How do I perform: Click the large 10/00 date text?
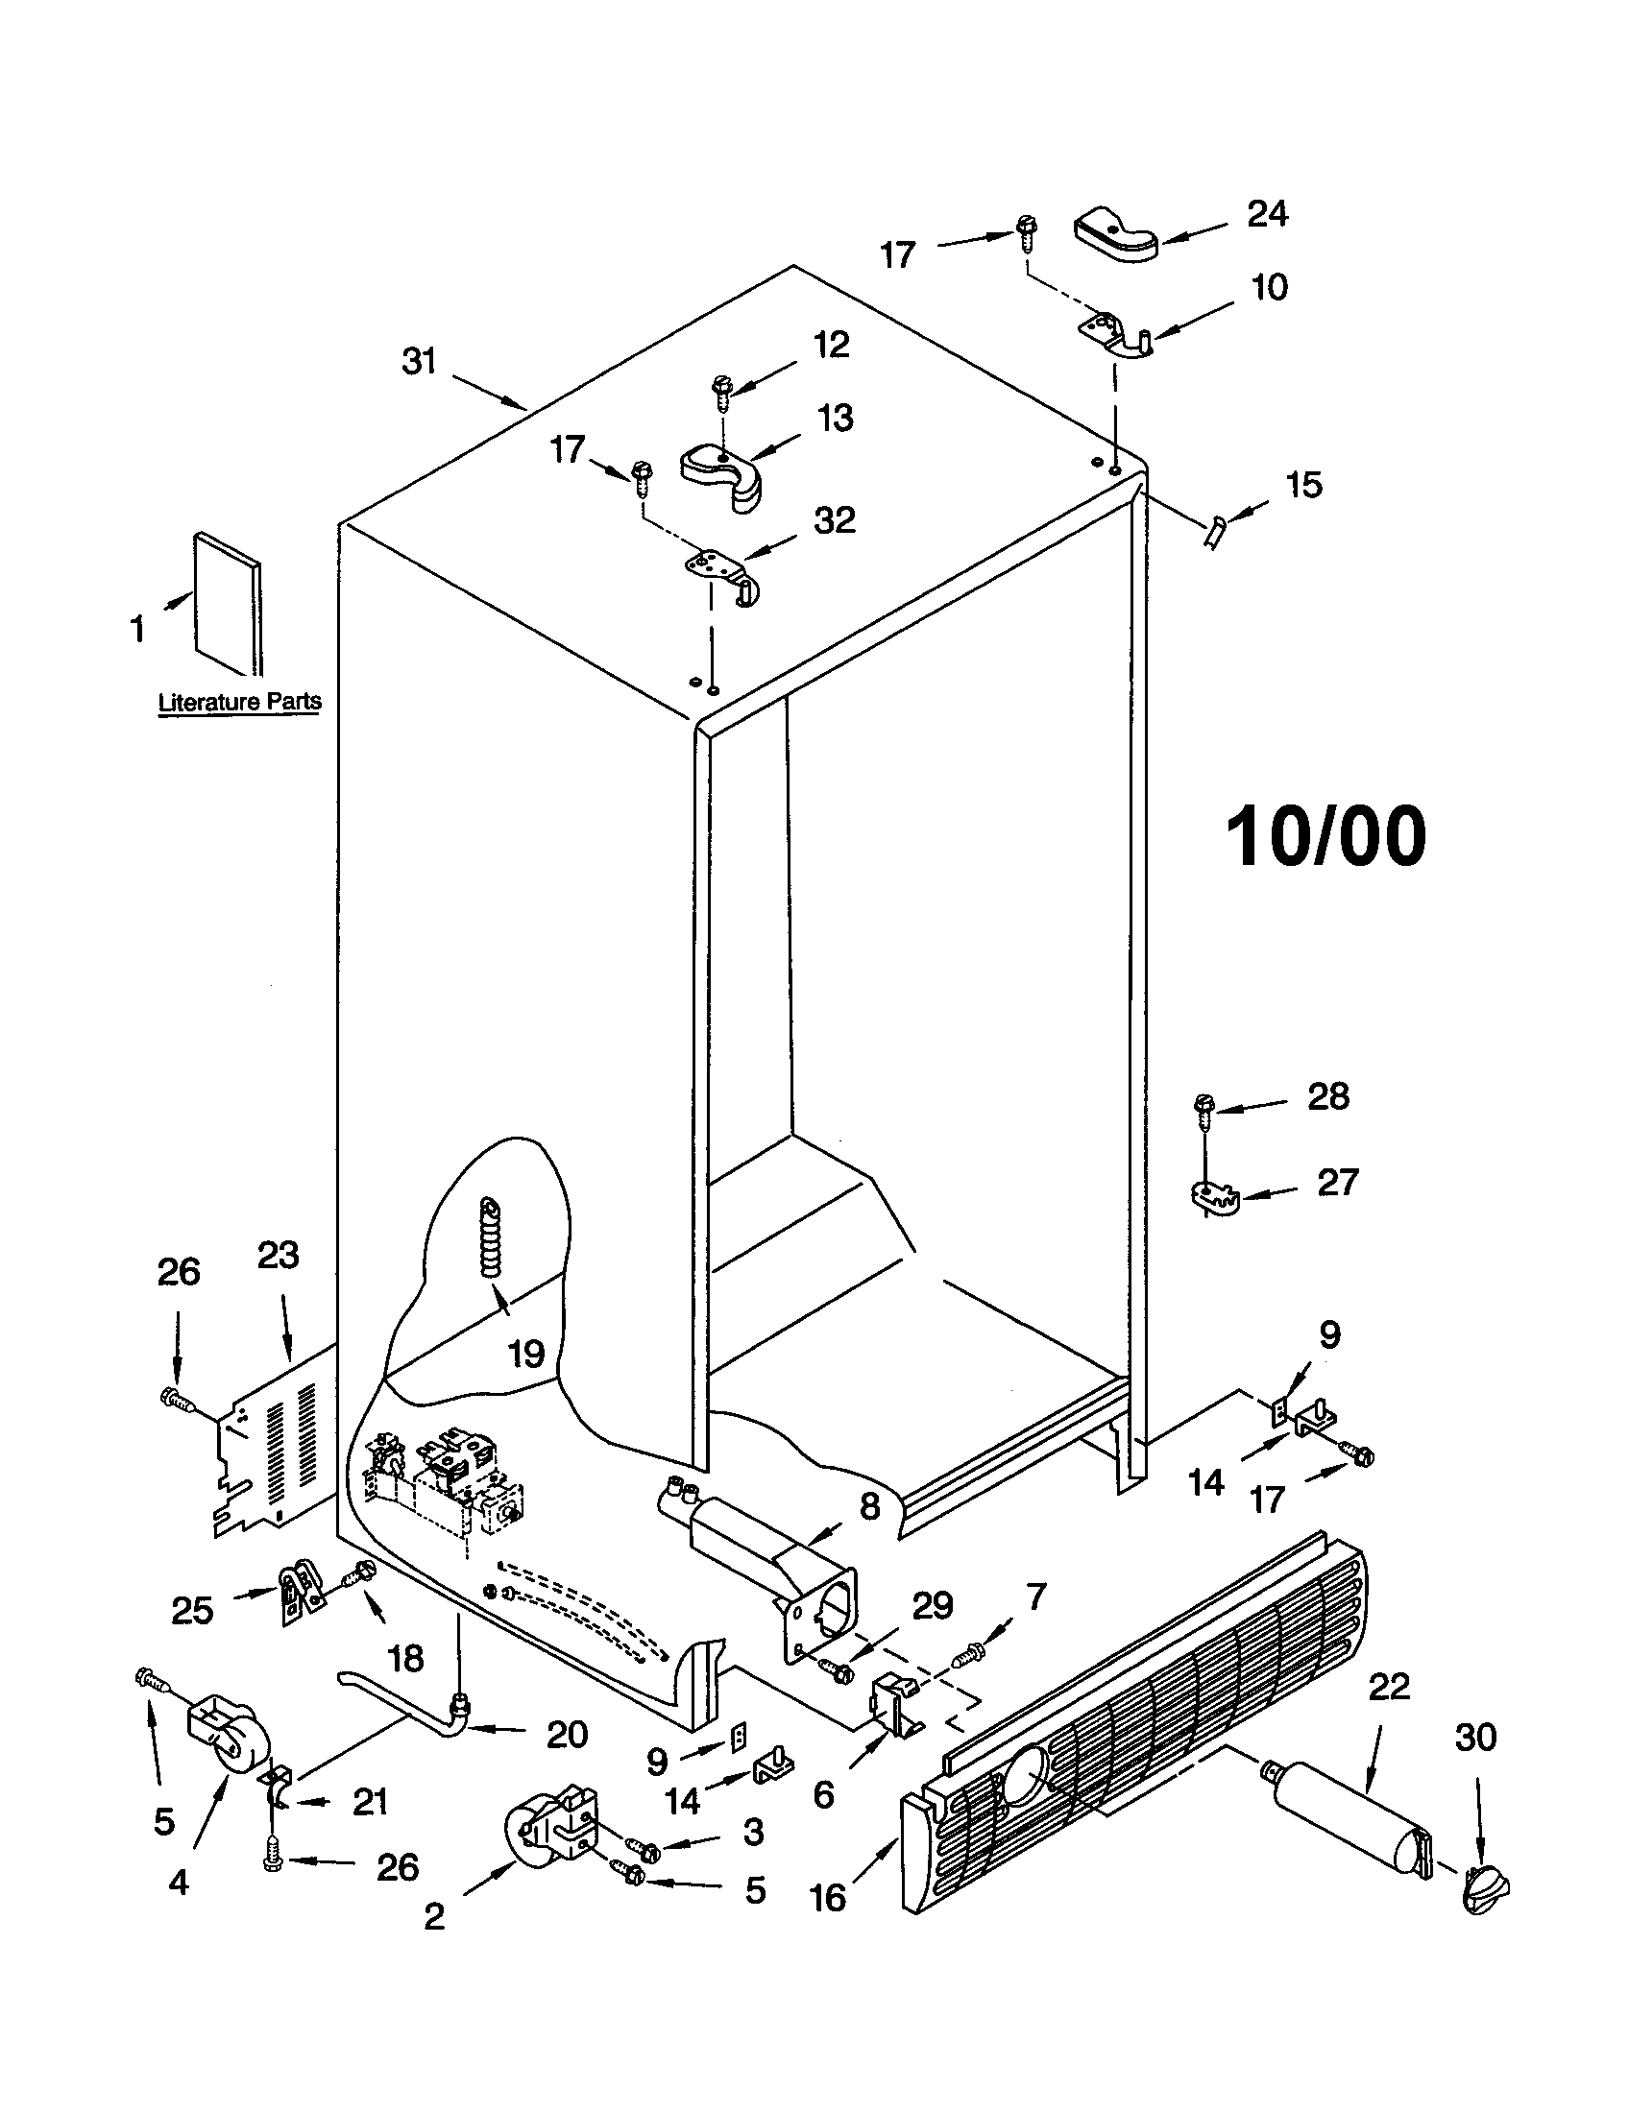[1325, 837]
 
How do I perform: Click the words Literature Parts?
[239, 701]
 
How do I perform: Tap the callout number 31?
[420, 362]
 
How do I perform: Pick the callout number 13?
[835, 419]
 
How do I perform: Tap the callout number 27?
[1338, 1182]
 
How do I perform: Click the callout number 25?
[191, 1610]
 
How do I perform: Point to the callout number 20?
[567, 1735]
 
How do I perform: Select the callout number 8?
[869, 1505]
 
